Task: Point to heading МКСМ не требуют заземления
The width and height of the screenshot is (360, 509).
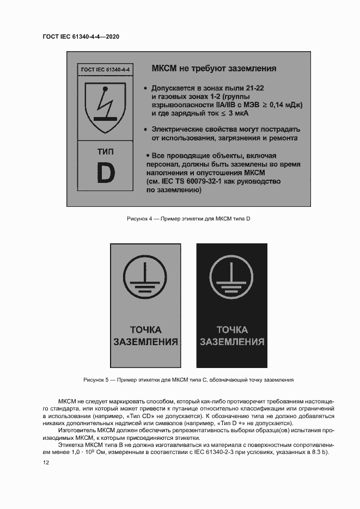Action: (213, 69)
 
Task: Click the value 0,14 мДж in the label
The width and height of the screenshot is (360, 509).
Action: (283, 105)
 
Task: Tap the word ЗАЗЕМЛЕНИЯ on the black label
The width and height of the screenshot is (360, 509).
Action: (232, 342)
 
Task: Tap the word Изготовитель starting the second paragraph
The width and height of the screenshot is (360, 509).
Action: (74, 431)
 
